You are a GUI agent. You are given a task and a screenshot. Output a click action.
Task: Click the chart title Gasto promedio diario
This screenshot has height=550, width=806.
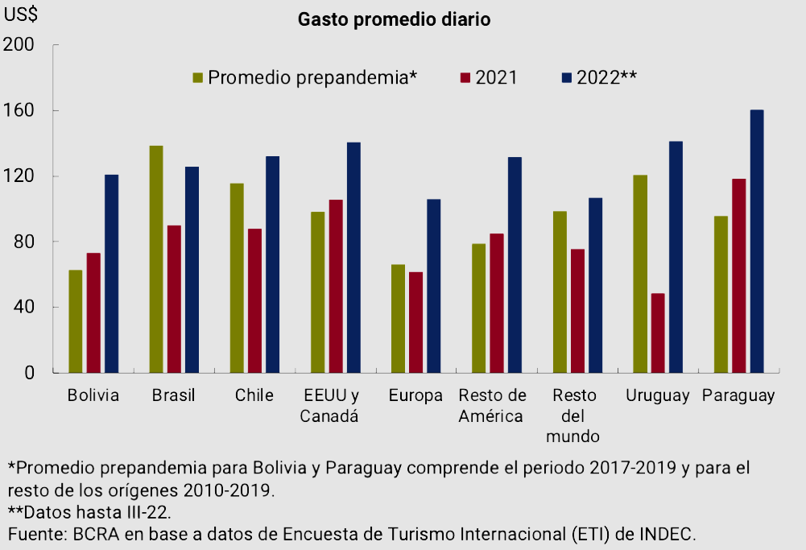[394, 19]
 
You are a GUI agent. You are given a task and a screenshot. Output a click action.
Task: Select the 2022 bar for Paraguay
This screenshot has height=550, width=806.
[756, 242]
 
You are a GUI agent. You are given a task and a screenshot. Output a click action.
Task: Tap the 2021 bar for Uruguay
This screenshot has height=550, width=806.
[658, 333]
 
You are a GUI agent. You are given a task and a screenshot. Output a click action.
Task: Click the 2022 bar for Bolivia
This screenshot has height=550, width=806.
[111, 274]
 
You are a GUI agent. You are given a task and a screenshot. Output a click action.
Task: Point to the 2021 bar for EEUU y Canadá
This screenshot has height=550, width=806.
[336, 286]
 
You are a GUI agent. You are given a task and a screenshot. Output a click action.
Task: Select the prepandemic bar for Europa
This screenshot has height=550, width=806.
[398, 318]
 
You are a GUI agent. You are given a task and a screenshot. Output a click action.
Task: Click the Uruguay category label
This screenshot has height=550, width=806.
[658, 395]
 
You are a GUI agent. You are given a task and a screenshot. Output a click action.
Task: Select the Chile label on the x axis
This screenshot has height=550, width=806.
[254, 395]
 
